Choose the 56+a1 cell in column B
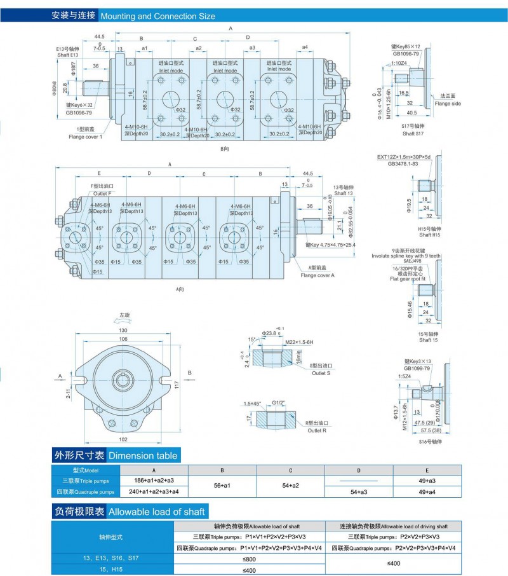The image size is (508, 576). (222, 486)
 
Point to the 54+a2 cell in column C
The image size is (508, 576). (290, 486)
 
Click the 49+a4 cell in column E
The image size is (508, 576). (428, 491)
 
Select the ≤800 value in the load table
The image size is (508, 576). (250, 558)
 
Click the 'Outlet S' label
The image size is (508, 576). (321, 373)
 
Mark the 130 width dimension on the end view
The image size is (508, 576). (123, 330)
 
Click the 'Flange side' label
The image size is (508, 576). (448, 104)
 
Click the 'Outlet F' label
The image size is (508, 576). (102, 193)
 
